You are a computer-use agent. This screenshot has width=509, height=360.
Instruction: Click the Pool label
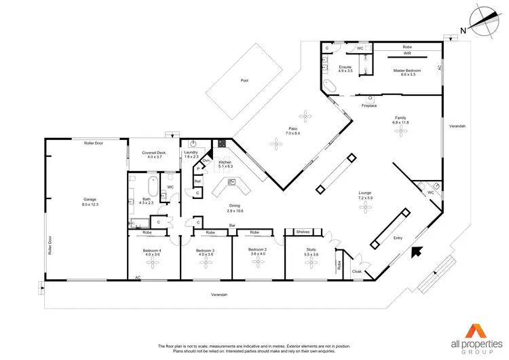[x=244, y=80]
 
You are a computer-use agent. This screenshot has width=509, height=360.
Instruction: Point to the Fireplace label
[x=369, y=106]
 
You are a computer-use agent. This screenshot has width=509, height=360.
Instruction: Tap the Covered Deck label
[x=153, y=155]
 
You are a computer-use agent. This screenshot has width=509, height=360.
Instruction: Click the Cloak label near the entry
[x=357, y=272]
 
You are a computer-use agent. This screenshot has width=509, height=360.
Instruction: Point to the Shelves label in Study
[x=303, y=232]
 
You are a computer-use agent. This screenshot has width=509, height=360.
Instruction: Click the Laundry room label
[x=191, y=154]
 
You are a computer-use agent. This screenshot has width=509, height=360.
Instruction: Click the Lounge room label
[x=366, y=196]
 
